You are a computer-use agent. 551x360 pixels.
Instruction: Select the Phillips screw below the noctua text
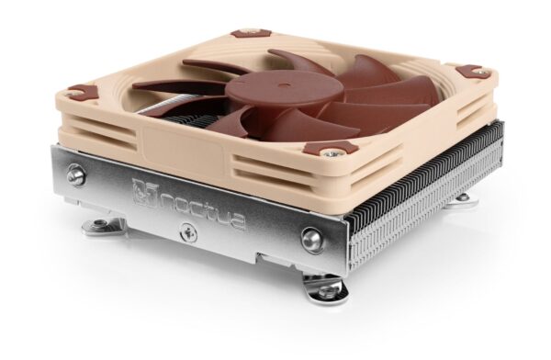tap(189, 233)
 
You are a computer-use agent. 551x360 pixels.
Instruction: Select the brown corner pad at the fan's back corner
tap(245, 34)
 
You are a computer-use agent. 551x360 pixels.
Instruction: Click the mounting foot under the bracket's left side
tap(103, 225)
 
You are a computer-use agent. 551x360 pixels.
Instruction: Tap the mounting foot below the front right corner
tap(326, 288)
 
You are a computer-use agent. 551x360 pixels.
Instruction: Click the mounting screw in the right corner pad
tap(470, 71)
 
